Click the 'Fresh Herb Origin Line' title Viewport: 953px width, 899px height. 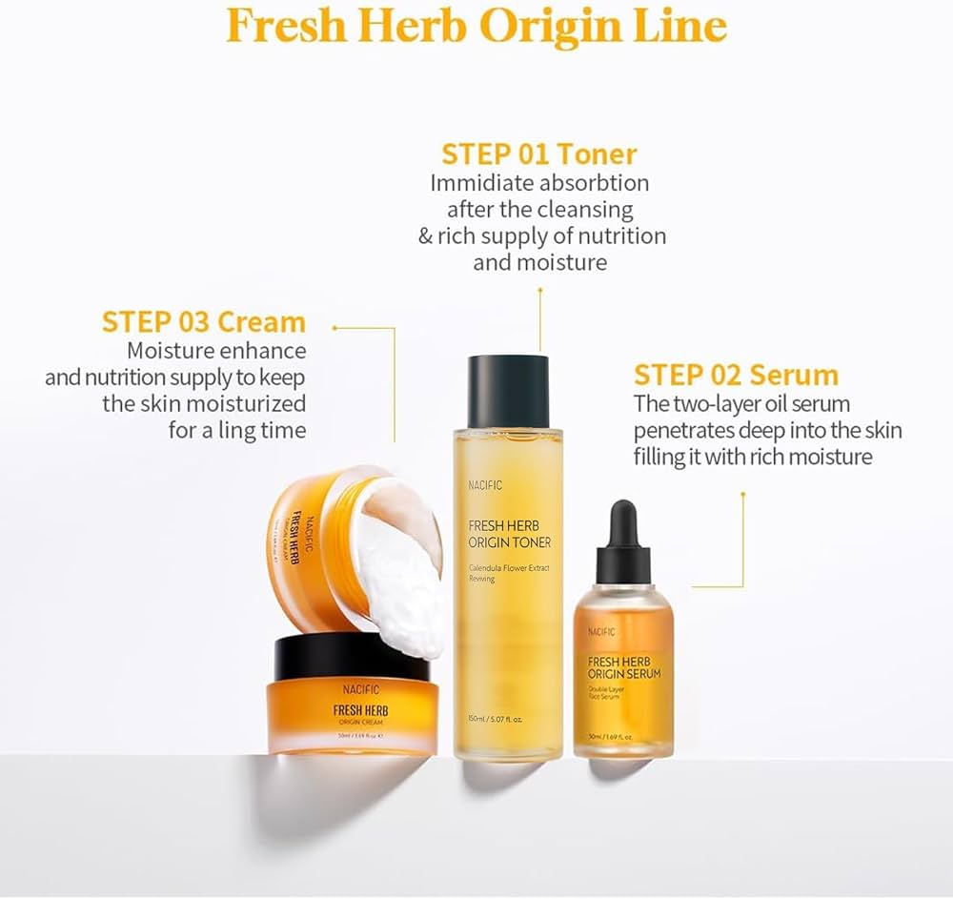point(476,27)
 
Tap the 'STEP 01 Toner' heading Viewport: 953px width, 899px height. point(538,153)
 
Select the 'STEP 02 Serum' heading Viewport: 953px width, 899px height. point(736,374)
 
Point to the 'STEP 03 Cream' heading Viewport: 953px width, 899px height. point(204,321)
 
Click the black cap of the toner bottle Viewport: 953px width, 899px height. point(508,391)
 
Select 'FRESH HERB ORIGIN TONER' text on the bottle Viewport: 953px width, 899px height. point(510,533)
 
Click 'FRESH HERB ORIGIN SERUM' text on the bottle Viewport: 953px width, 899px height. point(624,667)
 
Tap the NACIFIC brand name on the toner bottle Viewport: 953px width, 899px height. point(485,485)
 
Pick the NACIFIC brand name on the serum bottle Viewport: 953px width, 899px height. point(601,631)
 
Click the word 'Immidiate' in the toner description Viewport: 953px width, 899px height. point(476,182)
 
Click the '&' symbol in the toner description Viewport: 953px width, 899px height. point(425,235)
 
